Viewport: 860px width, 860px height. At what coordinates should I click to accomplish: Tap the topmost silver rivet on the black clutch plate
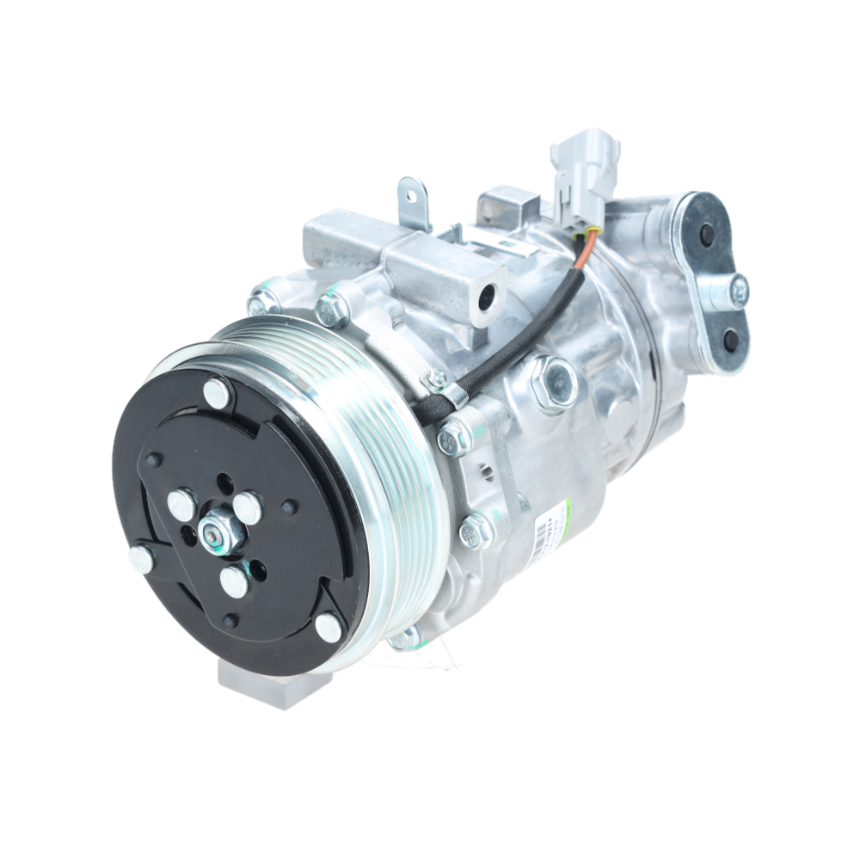(x=217, y=392)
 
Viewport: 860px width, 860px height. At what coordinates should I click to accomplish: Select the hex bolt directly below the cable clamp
(x=453, y=439)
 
